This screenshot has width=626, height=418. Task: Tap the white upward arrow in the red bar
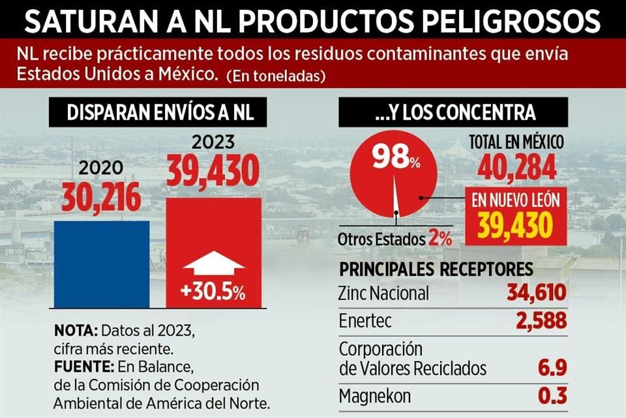point(214,265)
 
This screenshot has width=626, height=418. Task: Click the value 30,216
point(102,197)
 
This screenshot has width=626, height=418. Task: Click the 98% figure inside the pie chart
point(396,157)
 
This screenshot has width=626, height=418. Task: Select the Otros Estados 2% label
point(395,238)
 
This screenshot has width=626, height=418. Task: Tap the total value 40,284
point(517,169)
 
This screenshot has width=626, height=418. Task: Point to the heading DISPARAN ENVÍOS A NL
point(160,113)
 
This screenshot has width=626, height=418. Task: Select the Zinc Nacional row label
point(384,293)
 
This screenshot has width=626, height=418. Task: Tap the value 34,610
point(536,293)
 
